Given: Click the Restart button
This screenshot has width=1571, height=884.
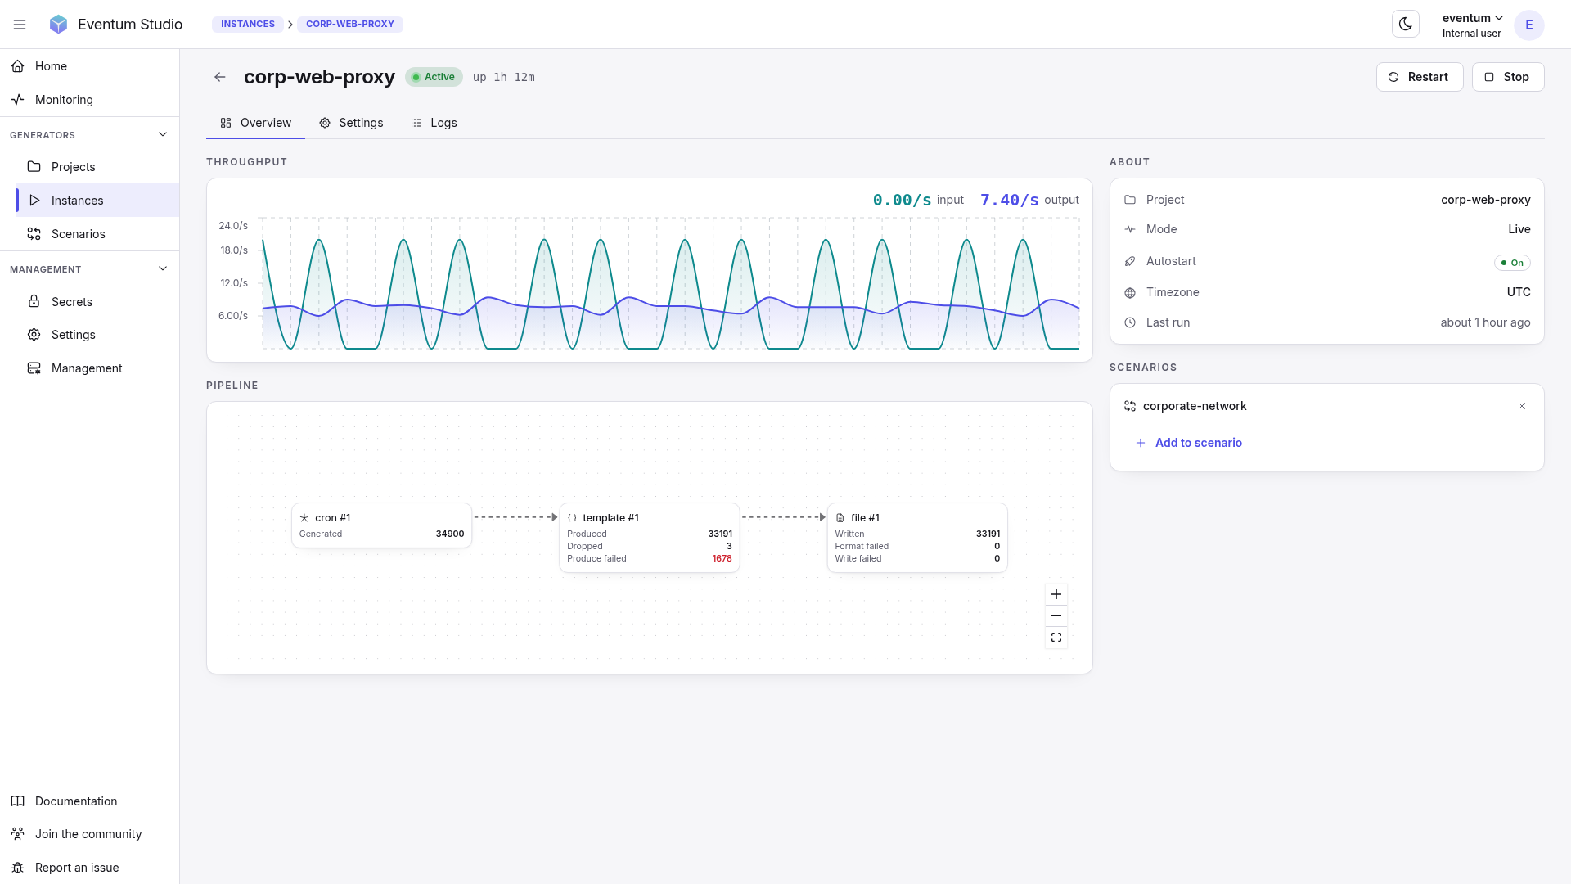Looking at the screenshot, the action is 1420,77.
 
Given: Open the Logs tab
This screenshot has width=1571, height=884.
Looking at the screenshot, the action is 434,123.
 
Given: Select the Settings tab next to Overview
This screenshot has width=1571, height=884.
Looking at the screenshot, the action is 351,123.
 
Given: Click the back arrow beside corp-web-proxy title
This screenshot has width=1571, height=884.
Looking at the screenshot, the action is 220,77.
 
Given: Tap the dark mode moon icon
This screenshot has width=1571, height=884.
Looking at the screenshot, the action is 1406,24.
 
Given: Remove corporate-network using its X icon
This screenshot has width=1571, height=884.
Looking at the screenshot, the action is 1522,406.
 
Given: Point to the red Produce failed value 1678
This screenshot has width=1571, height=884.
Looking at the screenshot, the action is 722,558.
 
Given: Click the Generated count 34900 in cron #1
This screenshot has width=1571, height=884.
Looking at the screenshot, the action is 450,534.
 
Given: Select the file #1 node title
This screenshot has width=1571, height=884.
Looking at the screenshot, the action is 865,518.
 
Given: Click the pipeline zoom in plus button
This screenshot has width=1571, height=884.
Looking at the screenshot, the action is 1056,594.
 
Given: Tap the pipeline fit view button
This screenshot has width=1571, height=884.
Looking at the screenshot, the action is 1056,638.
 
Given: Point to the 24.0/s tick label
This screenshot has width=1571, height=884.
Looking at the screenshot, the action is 233,226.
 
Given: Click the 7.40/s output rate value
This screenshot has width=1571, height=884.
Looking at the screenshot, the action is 1010,200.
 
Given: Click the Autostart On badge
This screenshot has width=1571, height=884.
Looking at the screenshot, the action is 1512,263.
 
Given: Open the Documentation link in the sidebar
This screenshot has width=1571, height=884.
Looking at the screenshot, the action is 76,801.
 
